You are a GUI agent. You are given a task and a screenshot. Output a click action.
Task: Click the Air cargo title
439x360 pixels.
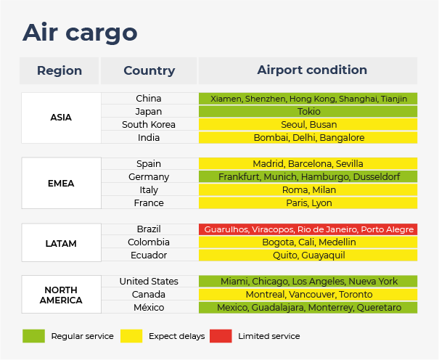pos(80,33)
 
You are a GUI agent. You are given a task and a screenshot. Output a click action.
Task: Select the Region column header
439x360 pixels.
pos(60,70)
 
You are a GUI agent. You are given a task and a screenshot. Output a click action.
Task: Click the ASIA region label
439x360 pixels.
pos(61,118)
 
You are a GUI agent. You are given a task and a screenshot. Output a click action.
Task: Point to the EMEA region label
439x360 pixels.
pos(61,184)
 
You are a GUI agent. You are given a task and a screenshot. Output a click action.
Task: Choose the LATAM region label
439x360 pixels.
pos(61,244)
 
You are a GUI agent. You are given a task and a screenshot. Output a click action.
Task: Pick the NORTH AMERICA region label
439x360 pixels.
pos(61,295)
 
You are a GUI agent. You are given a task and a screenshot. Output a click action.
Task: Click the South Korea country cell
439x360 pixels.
pos(149,125)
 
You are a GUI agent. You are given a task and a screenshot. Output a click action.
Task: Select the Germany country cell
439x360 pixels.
pos(149,177)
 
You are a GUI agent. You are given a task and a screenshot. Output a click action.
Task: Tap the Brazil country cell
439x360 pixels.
pos(149,229)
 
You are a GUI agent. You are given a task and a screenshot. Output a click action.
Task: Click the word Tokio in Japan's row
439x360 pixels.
pos(309,112)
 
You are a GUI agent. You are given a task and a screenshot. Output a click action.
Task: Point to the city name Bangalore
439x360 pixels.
pos(342,138)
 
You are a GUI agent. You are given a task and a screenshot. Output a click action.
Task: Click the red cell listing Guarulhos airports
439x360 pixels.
pos(308,229)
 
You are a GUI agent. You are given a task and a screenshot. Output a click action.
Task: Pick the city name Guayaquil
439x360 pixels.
pos(323,255)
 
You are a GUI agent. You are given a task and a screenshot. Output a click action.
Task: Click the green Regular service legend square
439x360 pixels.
pos(33,336)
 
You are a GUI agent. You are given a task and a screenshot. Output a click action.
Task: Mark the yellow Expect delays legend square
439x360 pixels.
pos(131,336)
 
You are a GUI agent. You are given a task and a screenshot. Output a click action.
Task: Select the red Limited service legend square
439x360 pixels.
pos(221,336)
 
